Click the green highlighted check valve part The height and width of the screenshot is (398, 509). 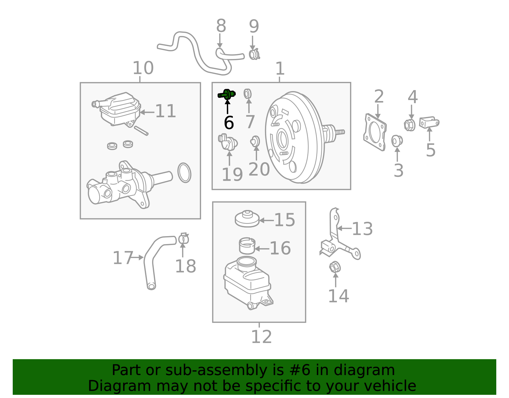[x=227, y=94]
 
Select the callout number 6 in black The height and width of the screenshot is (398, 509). [x=229, y=123]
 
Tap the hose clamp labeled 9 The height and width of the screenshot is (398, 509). [x=254, y=54]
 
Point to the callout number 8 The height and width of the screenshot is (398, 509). [x=221, y=26]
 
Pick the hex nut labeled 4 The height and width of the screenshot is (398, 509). [x=410, y=125]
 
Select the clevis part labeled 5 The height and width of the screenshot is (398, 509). [x=429, y=122]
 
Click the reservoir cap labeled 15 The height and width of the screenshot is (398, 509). [x=247, y=219]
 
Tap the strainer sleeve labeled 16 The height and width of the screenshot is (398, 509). [x=247, y=246]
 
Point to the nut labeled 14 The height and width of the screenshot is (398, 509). [x=335, y=267]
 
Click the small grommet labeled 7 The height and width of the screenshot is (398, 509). [x=248, y=94]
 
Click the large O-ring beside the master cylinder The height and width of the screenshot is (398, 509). [x=184, y=173]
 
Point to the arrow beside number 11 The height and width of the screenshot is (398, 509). [x=147, y=112]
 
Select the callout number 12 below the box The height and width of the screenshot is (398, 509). [x=261, y=337]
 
